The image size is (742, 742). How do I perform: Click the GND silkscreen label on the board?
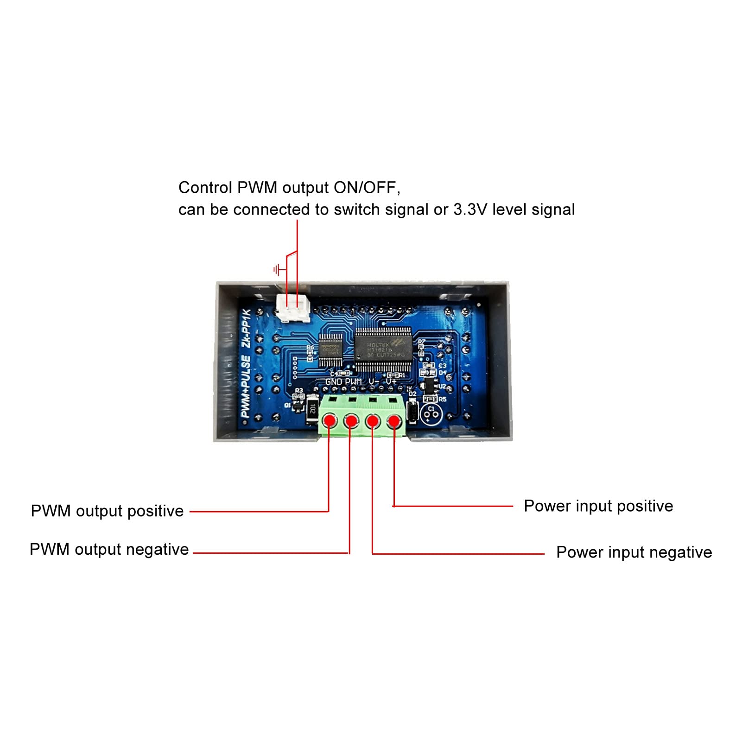[334, 382]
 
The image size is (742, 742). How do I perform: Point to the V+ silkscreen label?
[391, 381]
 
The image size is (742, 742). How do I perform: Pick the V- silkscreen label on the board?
[374, 381]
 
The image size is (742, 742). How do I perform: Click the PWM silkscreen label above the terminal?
[353, 382]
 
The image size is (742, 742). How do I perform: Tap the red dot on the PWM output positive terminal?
[330, 421]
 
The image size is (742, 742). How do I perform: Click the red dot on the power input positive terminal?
[394, 421]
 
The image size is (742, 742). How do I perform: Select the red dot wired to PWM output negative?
[351, 421]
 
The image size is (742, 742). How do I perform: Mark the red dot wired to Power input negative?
[373, 421]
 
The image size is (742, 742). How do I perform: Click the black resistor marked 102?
[312, 409]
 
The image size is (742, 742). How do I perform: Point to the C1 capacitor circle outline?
[431, 413]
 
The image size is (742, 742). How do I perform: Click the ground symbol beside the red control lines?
[277, 269]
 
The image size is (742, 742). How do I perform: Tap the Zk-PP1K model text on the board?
[247, 329]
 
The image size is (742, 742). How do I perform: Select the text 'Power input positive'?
[598, 506]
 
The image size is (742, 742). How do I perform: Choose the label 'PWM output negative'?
[109, 549]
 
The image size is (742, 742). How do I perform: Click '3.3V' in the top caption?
[470, 209]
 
